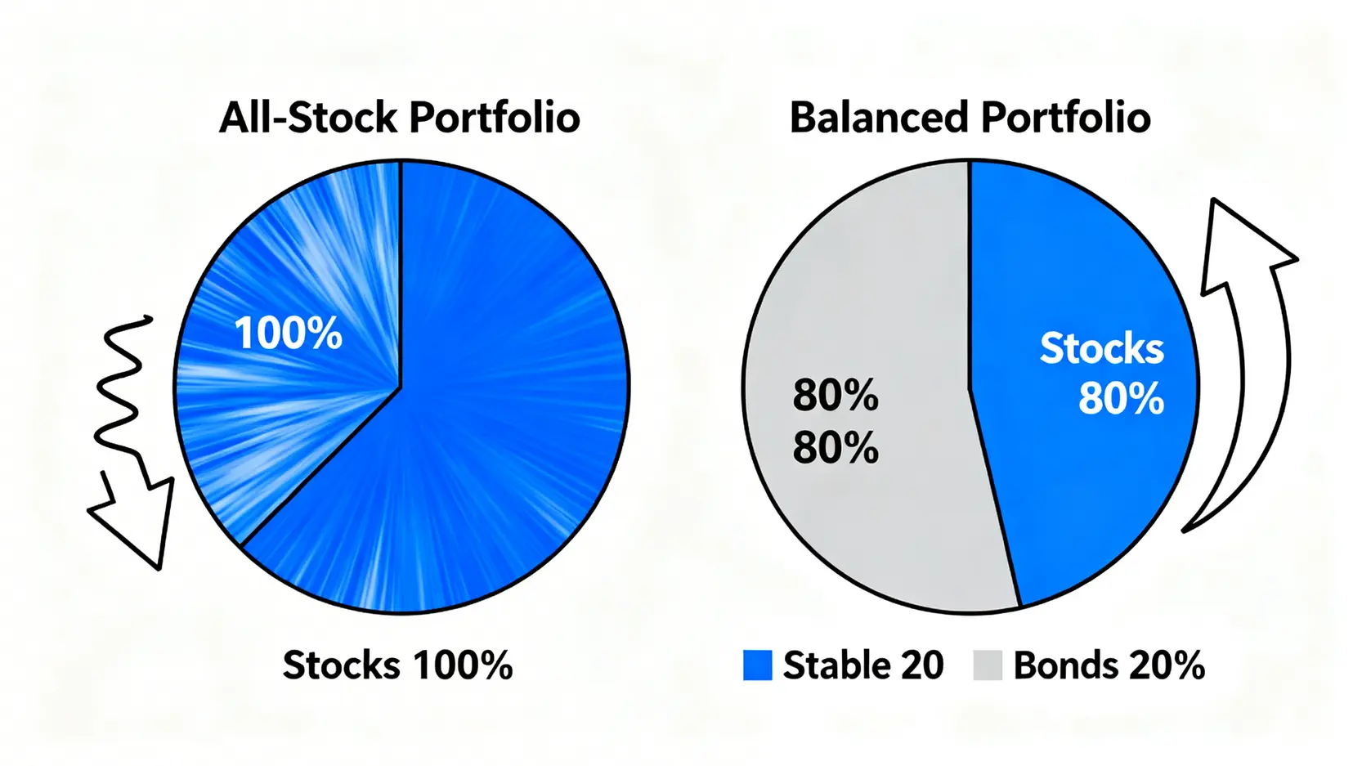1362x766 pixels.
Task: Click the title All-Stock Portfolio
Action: point(399,118)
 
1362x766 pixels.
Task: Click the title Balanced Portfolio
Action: point(970,118)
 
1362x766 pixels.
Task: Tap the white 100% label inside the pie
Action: point(289,334)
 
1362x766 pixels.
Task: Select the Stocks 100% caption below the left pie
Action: point(397,665)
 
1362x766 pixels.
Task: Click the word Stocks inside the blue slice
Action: point(1102,349)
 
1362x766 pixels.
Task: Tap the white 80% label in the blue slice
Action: point(1121,399)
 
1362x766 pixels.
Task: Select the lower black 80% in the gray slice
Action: point(836,447)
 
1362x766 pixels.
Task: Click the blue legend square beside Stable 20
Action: point(758,665)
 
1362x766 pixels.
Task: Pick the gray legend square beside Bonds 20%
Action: point(988,665)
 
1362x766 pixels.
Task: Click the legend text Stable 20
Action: point(863,665)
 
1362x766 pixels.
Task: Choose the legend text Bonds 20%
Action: point(1109,665)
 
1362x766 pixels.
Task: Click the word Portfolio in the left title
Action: point(495,118)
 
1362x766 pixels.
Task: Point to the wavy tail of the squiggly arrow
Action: point(122,389)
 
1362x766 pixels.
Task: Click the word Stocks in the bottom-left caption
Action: point(341,665)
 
